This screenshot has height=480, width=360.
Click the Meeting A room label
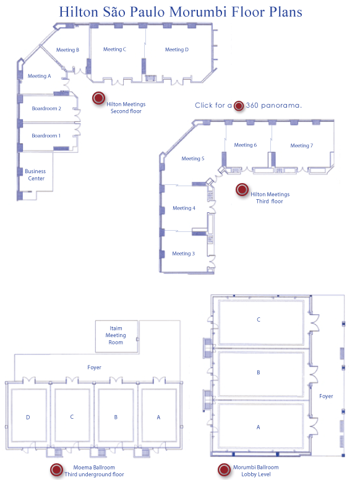tap(39, 76)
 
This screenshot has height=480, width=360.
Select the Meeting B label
tap(67, 50)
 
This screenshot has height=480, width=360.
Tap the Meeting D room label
tap(177, 49)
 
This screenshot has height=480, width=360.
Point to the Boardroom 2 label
tap(46, 108)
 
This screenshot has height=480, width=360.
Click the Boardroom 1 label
tap(46, 135)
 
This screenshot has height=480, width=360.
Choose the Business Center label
tap(35, 175)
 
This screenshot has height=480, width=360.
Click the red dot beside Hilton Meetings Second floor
tap(98, 98)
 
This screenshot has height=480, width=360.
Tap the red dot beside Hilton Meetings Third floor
tap(242, 189)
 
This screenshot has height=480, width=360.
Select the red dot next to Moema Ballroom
tap(56, 469)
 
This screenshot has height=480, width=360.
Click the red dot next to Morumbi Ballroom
tap(224, 469)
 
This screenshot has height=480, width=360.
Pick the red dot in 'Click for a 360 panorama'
tap(239, 106)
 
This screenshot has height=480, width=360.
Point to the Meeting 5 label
tap(193, 158)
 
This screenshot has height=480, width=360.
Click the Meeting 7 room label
tap(301, 146)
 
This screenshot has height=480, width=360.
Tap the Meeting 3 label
tap(183, 254)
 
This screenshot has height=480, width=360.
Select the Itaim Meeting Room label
tap(116, 335)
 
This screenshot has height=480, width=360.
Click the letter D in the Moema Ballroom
tap(28, 418)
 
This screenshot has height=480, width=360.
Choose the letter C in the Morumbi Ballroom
tap(259, 320)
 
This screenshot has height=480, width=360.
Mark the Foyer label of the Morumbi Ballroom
tap(326, 396)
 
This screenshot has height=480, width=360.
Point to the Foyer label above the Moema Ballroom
tap(94, 367)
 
